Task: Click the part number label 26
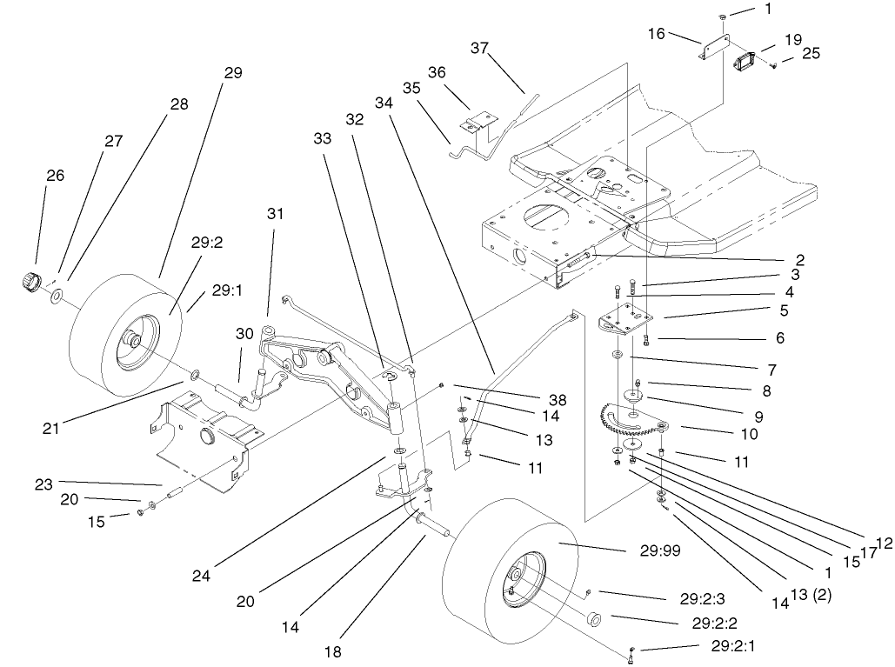55,176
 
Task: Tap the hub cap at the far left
31,282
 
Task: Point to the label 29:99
648,550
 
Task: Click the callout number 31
276,214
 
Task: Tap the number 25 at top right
811,55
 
